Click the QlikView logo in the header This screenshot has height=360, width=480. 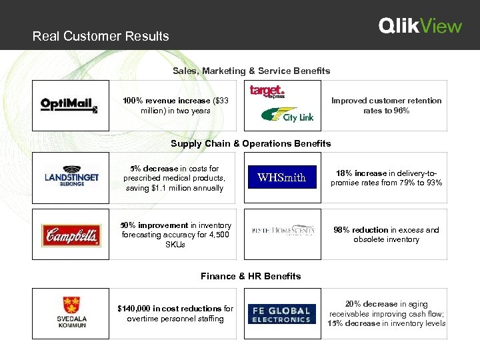click(420, 26)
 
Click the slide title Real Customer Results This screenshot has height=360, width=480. click(101, 37)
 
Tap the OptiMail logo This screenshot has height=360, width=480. click(69, 105)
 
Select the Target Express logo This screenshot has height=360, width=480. click(267, 91)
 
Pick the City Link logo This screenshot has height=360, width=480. click(288, 116)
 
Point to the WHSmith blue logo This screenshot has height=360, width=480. click(281, 177)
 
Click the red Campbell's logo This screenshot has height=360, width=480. click(71, 235)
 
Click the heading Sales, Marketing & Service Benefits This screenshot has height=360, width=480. click(251, 71)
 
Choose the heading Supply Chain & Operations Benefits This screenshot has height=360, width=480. click(251, 143)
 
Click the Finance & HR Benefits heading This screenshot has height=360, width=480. click(251, 276)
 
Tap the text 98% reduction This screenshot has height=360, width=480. click(360, 230)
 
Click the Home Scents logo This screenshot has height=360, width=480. click(283, 231)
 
